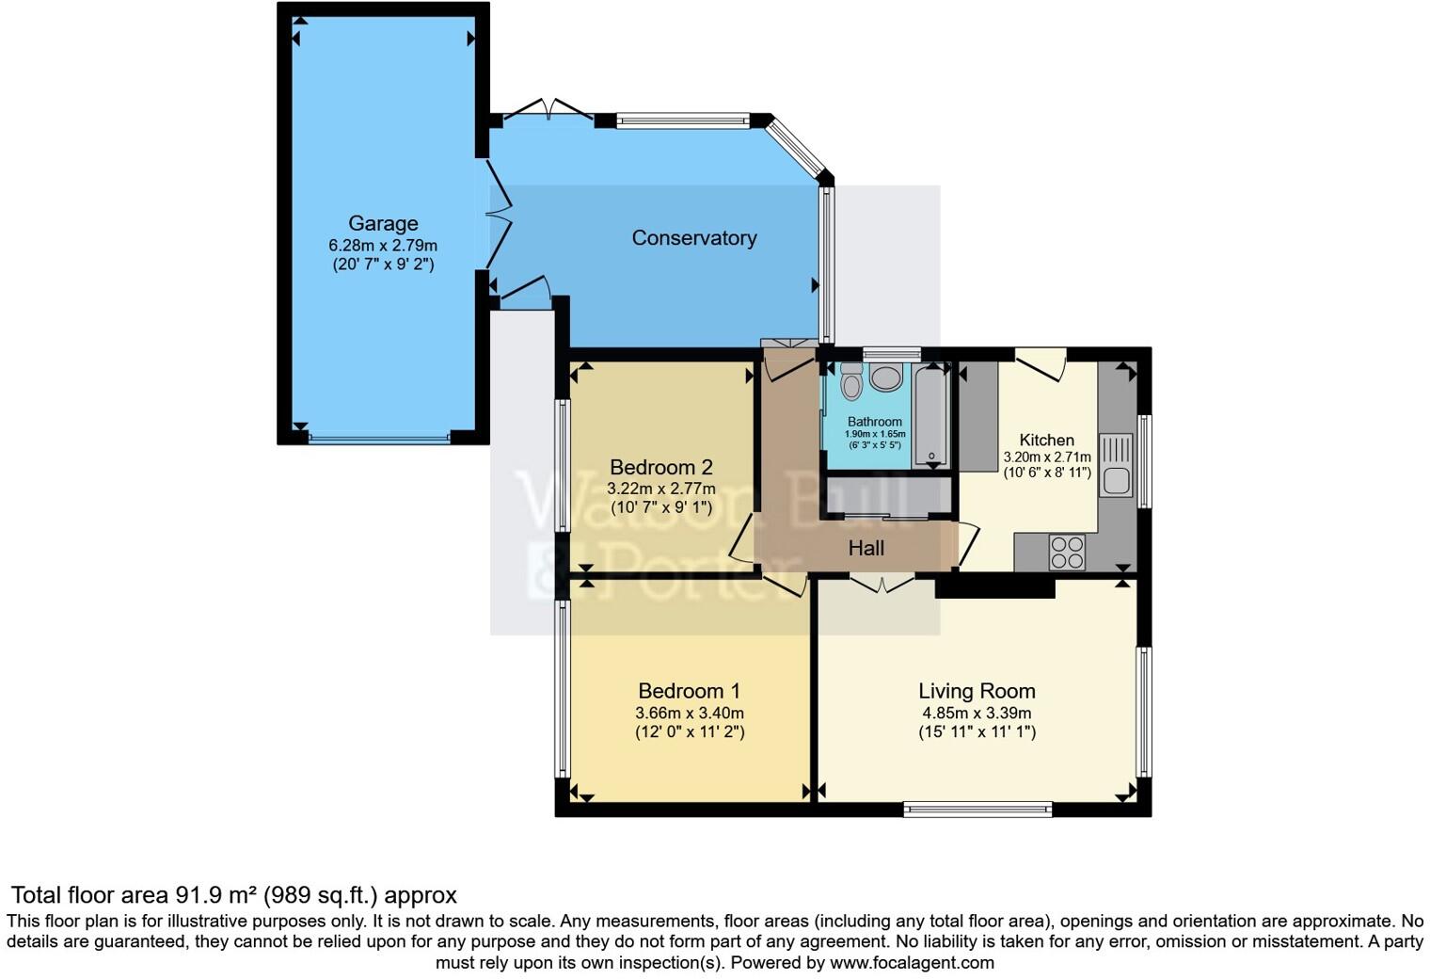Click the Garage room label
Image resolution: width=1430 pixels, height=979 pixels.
tap(383, 224)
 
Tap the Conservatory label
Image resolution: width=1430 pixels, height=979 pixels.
tap(693, 238)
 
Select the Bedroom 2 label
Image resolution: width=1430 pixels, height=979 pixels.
tap(660, 467)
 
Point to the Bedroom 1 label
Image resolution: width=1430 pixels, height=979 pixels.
tap(690, 691)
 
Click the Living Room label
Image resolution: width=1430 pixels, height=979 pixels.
tap(977, 691)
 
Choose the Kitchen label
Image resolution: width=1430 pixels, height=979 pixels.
tap(1046, 440)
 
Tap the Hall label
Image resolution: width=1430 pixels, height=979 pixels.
tap(866, 547)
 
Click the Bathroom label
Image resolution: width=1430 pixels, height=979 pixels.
tap(874, 422)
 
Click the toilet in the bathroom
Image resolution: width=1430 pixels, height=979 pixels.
tap(851, 382)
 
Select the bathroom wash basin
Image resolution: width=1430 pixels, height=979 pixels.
tap(885, 378)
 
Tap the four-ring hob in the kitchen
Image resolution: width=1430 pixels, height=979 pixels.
tap(1067, 552)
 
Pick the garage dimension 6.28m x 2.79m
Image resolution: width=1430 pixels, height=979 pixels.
tap(383, 245)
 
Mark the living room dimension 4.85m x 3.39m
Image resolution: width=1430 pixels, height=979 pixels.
tap(977, 713)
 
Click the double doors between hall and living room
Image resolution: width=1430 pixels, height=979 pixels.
tap(882, 584)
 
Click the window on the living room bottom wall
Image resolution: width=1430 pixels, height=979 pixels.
tap(977, 809)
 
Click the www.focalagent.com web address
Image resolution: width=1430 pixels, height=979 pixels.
tap(912, 963)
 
